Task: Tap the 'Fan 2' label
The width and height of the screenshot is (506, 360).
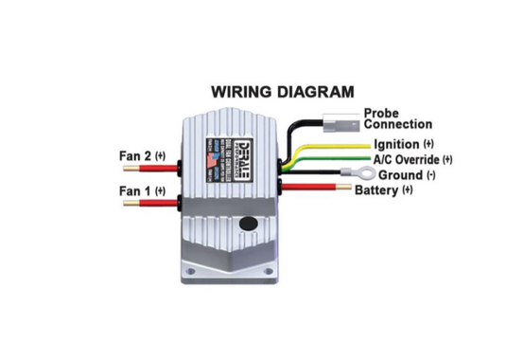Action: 137,155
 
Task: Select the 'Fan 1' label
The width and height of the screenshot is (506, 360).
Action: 137,191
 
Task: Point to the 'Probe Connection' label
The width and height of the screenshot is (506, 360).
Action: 397,118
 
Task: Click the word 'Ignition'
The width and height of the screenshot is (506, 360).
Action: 396,144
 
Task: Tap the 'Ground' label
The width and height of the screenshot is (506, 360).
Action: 400,175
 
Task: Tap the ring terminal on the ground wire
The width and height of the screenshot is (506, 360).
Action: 358,173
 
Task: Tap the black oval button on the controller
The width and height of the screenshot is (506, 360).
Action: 249,225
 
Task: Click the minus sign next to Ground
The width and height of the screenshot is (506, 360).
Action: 430,175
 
